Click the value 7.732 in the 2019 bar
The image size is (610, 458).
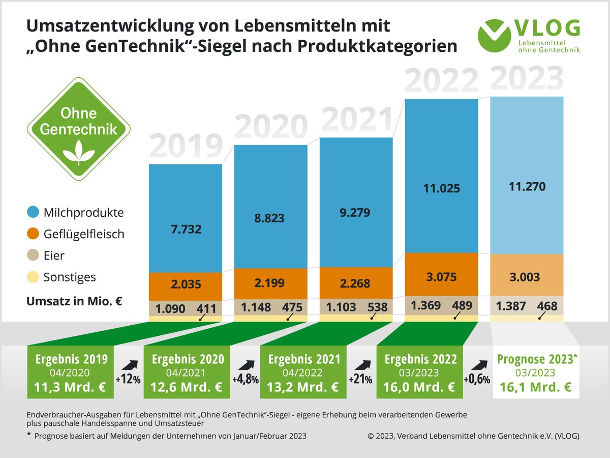186,230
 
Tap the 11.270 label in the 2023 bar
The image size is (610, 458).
527,187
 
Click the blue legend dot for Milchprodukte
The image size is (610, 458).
33,212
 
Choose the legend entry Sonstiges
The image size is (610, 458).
70,277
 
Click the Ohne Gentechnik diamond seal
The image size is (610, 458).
79,128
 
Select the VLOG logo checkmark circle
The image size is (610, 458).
495,35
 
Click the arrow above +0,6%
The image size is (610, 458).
476,365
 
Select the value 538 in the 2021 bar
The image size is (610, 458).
377,307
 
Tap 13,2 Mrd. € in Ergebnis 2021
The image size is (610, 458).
303,387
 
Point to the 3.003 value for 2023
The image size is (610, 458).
524,277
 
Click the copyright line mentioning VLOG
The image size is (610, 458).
473,436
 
